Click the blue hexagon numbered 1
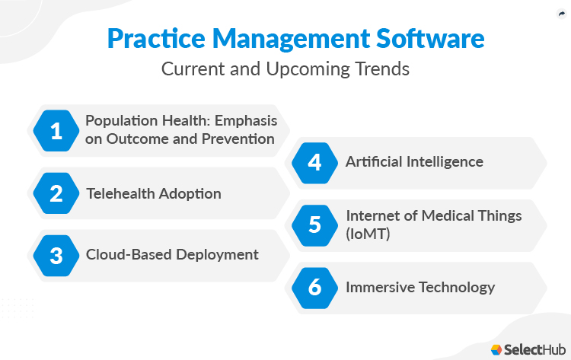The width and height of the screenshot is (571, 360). pos(56,131)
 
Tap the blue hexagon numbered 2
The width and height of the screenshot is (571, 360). pos(56,193)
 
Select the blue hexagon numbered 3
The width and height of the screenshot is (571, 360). pos(56,255)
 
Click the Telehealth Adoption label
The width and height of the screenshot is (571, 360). pos(153,193)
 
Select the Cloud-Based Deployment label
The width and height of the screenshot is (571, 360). pos(172,255)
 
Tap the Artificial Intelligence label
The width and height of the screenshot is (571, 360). pos(414,161)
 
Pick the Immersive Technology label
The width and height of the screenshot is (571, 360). pos(420,287)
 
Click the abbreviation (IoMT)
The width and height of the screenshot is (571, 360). pos(368,234)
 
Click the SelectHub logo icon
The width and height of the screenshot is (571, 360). pos(496,349)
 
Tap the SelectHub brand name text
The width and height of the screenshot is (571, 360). pos(533,349)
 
